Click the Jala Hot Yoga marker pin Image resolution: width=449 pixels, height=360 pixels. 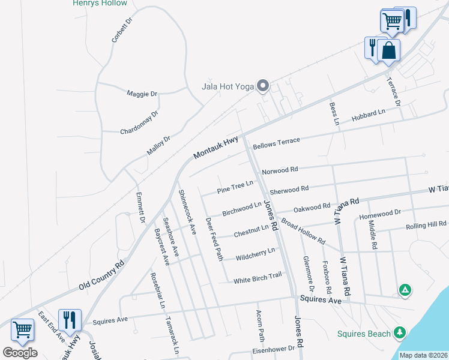click(262, 86)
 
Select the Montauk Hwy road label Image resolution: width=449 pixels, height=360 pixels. click(216, 148)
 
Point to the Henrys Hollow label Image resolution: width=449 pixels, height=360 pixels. click(100, 3)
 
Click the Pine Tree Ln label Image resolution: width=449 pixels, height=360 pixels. click(235, 187)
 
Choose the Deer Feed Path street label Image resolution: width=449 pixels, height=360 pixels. click(214, 239)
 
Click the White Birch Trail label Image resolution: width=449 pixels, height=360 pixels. click(258, 280)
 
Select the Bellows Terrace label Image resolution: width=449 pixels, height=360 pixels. click(276, 143)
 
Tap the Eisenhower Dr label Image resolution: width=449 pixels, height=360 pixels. click(274, 348)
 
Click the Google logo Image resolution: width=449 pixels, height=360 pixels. click(20, 353)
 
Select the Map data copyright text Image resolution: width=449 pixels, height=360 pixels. click(424, 355)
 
